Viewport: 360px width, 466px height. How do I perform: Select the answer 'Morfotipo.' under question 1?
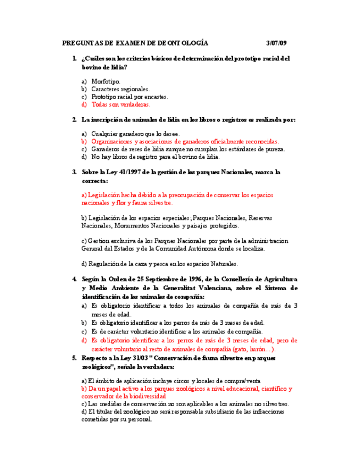point(106,81)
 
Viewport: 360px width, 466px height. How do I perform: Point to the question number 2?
point(74,119)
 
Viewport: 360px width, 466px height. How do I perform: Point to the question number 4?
point(74,280)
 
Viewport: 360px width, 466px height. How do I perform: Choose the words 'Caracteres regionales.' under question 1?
point(120,88)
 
